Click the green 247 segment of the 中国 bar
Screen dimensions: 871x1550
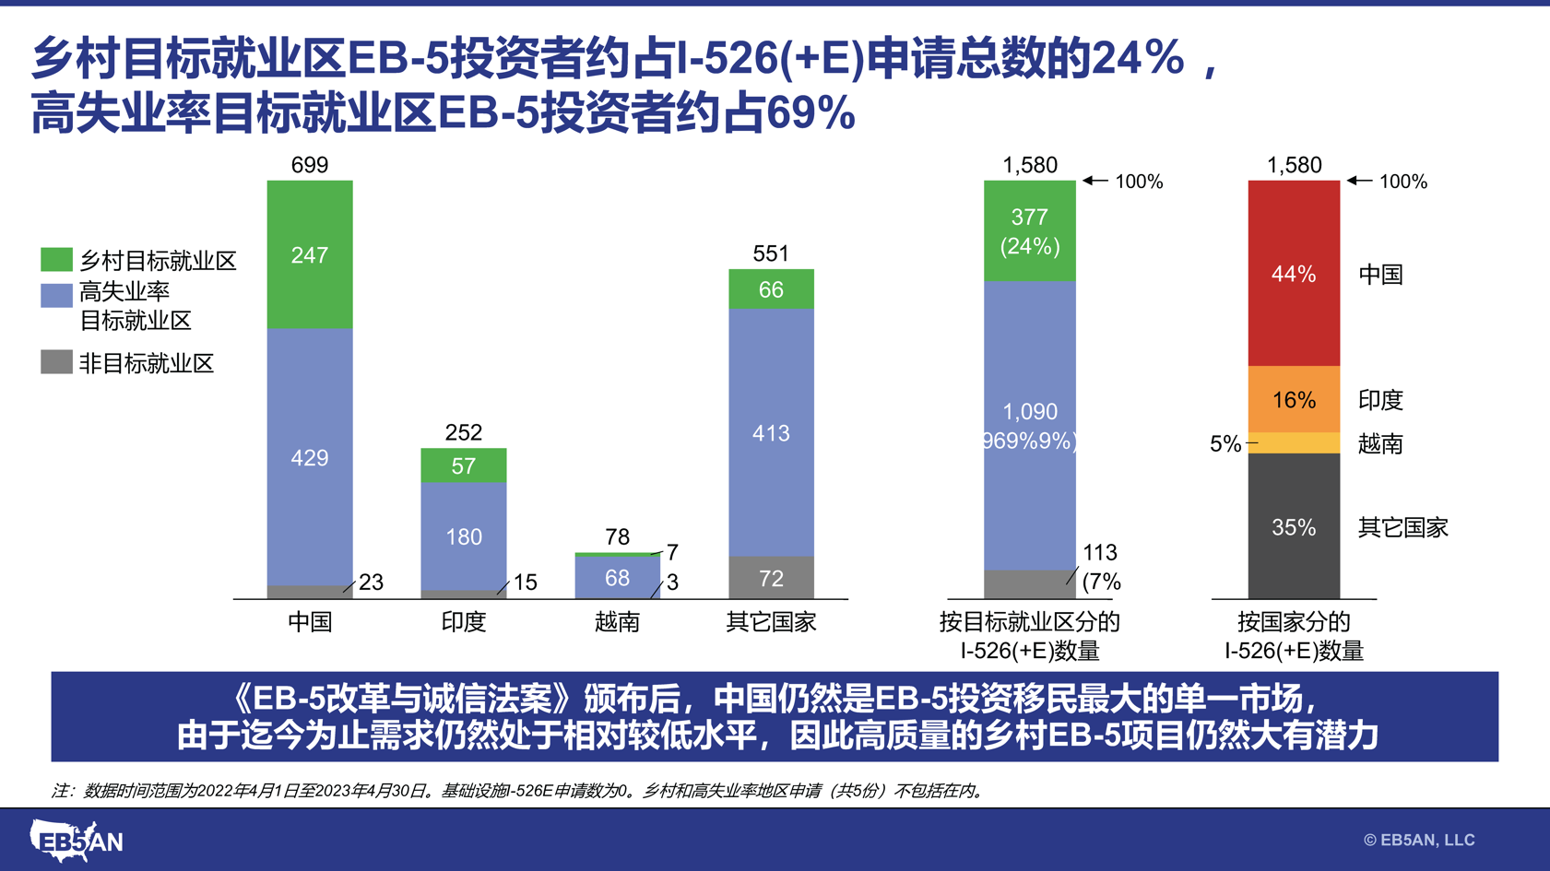click(310, 254)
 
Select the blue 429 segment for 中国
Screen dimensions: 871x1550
click(310, 457)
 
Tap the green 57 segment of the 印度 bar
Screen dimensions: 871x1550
click(464, 465)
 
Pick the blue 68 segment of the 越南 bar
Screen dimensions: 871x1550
click(617, 578)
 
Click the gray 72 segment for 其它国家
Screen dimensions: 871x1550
click(771, 578)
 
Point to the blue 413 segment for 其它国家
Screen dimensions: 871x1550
click(771, 432)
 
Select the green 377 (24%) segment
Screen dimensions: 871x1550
click(1029, 231)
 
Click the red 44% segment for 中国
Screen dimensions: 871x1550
click(1294, 274)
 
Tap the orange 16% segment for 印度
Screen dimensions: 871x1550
click(1294, 400)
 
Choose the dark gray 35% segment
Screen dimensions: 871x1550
click(1294, 527)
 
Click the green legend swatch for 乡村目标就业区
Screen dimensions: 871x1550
click(56, 260)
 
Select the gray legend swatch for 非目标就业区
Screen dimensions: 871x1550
click(56, 362)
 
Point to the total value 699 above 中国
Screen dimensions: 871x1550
click(310, 165)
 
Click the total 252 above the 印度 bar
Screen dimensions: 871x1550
click(464, 432)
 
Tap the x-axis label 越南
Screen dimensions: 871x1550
click(617, 622)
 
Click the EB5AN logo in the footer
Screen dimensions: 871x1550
click(76, 840)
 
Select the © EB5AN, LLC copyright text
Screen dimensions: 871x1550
click(1419, 840)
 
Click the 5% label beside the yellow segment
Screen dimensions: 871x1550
click(1225, 444)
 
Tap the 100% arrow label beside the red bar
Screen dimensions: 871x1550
click(1402, 182)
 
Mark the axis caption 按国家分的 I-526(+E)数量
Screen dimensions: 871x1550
click(1294, 637)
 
